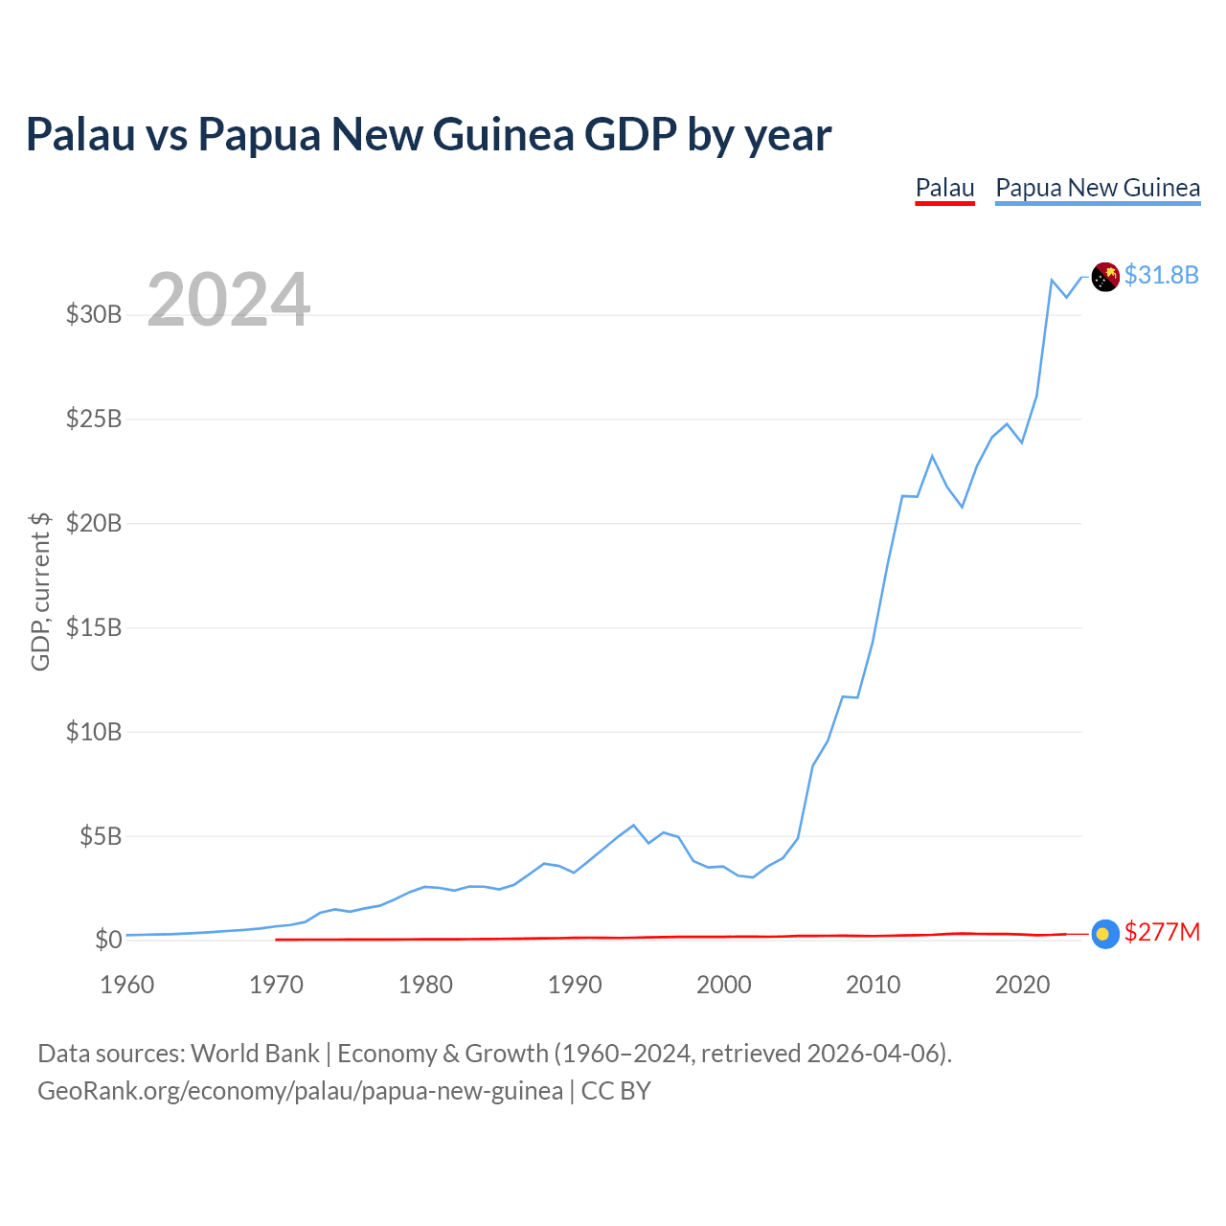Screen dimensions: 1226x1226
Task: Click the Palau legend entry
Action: coord(944,189)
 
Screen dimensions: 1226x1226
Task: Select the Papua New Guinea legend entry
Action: coord(1098,189)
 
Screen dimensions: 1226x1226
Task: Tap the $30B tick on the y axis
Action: coord(94,314)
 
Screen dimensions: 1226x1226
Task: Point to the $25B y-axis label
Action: coord(94,419)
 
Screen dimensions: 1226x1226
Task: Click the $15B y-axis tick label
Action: coord(94,627)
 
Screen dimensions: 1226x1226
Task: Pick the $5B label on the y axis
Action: coord(101,836)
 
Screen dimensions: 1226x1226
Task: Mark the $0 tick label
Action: coord(108,939)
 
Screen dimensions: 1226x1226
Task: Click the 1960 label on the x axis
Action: coord(127,985)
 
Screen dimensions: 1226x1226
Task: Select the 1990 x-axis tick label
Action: coord(575,985)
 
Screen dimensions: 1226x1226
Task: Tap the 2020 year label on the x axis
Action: coord(1022,985)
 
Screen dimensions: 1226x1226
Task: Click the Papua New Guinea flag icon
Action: coord(1105,277)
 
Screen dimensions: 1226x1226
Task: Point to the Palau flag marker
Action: coord(1105,934)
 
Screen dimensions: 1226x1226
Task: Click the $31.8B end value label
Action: coord(1161,276)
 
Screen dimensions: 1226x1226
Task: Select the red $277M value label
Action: coord(1162,932)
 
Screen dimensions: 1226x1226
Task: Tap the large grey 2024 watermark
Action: coord(228,299)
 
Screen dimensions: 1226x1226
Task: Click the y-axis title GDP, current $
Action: coord(40,592)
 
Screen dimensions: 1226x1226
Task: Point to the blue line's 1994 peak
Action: coord(633,826)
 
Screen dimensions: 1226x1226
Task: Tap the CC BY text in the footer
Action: coord(616,1091)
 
